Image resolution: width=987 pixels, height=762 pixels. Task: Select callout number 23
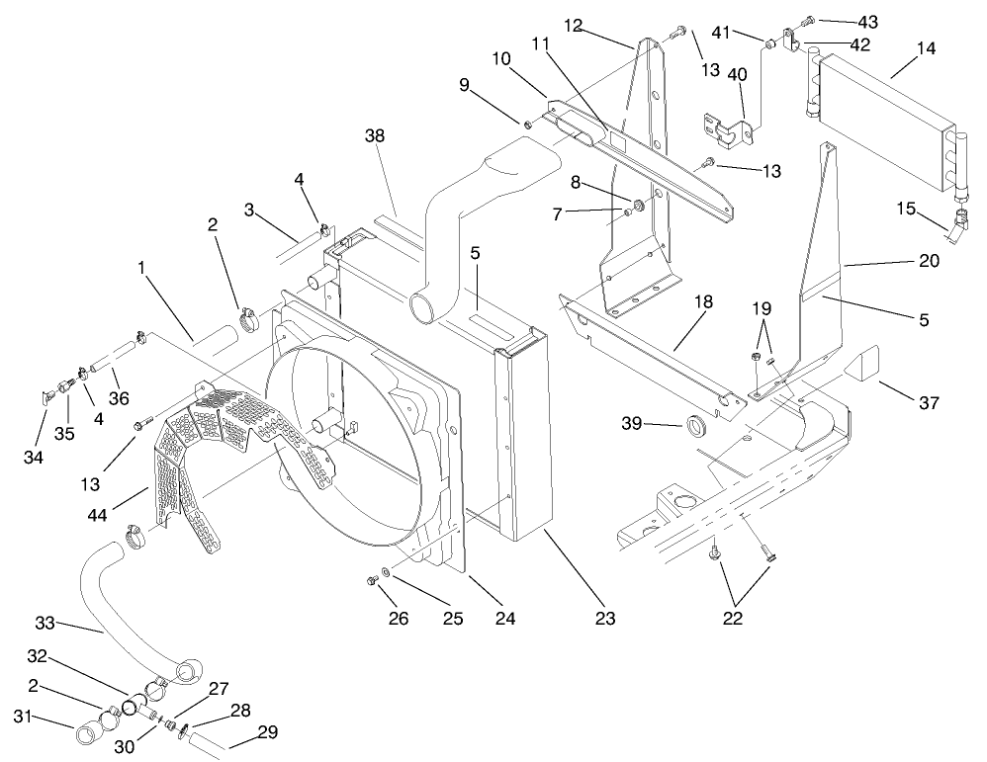click(x=604, y=619)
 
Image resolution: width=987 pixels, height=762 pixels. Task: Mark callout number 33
click(x=45, y=623)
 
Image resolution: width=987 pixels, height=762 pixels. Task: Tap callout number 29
click(x=268, y=732)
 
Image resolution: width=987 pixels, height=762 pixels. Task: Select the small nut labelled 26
click(x=373, y=578)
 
